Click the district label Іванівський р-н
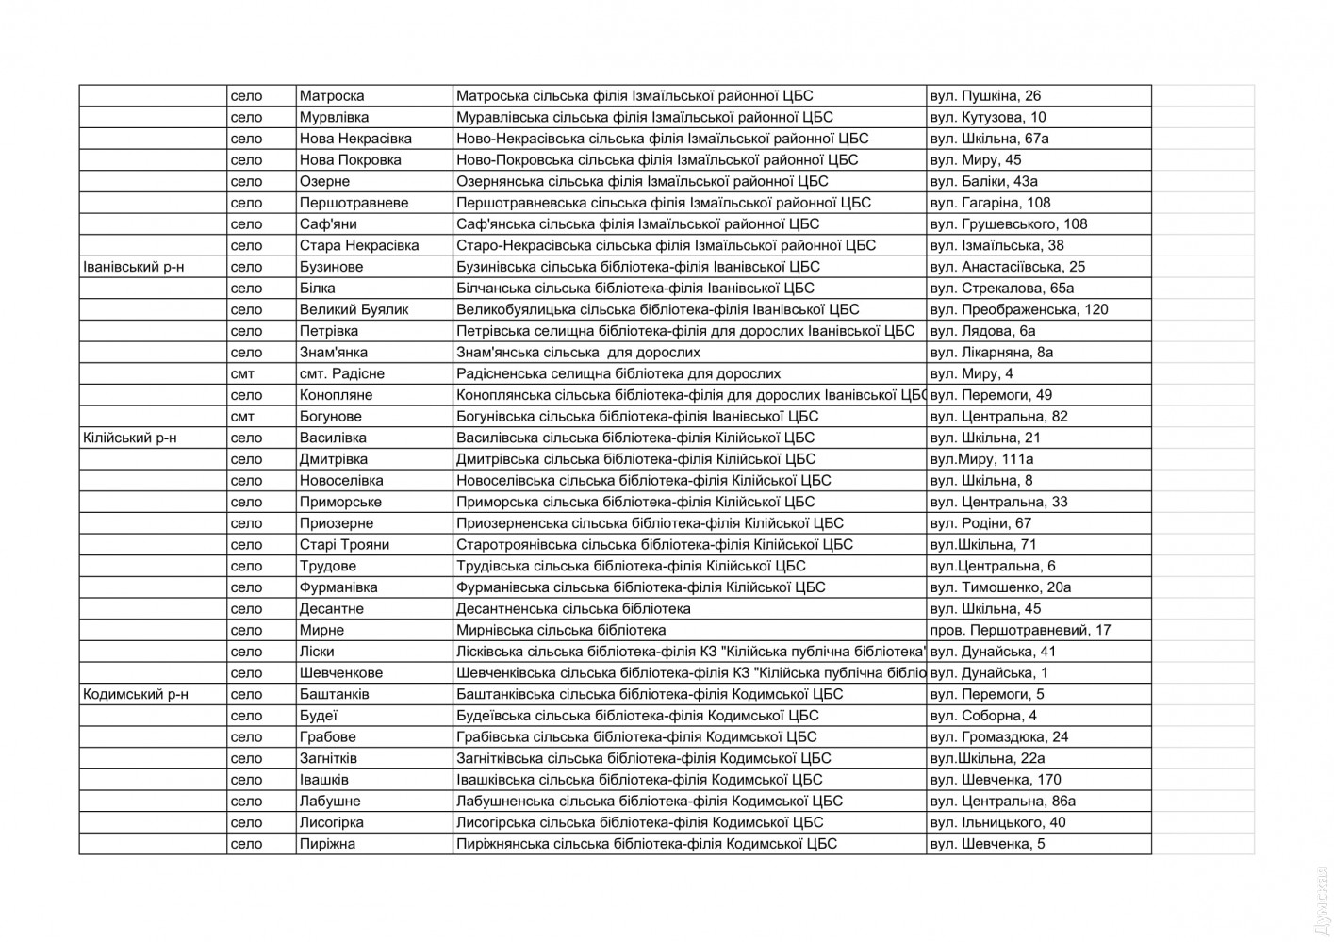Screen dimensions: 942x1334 coord(133,267)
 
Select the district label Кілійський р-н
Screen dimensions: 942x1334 coord(129,438)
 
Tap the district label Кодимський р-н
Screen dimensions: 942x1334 coord(135,694)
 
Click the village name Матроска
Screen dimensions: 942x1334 coord(331,96)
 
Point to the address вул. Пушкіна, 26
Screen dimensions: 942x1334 coord(985,96)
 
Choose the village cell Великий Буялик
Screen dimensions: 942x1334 coord(354,309)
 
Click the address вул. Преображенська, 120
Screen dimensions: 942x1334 coord(1018,309)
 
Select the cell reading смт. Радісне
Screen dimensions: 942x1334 coord(341,373)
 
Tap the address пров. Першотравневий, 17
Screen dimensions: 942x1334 coord(1020,630)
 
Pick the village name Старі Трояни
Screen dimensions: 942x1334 coord(344,544)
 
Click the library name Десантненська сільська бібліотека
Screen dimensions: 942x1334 coord(573,608)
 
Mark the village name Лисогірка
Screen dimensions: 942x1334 coord(331,822)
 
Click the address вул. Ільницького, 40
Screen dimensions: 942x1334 coord(997,822)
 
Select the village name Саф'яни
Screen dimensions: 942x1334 coord(328,224)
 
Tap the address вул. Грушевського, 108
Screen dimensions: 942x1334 coord(1008,224)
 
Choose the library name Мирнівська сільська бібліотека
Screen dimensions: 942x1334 coord(561,630)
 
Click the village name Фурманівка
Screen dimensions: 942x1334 coord(338,587)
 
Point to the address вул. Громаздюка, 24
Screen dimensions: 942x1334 coord(998,736)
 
